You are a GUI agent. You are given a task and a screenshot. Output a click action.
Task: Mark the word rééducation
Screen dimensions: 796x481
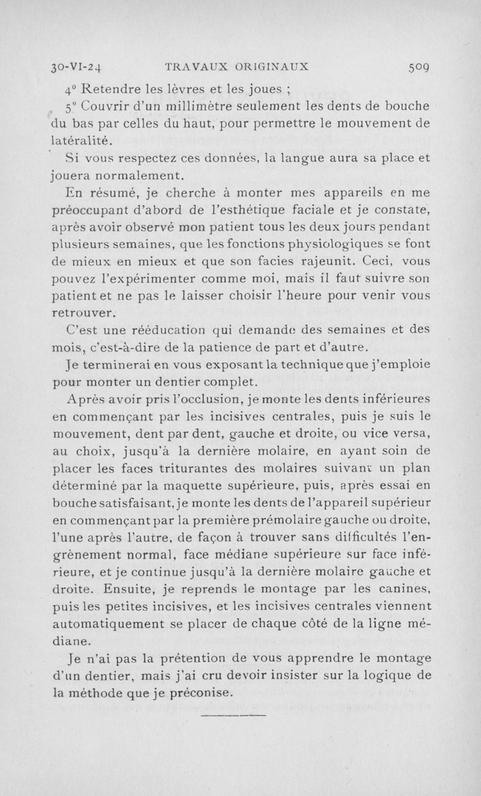pyautogui.click(x=186, y=330)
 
